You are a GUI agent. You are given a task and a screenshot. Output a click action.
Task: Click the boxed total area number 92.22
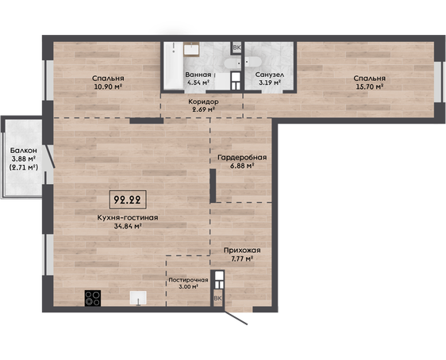[x=128, y=200]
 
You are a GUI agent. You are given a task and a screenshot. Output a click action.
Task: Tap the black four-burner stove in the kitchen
[x=93, y=298]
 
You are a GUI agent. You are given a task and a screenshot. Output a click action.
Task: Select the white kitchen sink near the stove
[x=138, y=298]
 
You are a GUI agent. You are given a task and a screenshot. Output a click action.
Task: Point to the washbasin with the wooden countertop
[x=191, y=49]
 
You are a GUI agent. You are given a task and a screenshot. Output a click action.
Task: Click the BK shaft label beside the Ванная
[x=236, y=48]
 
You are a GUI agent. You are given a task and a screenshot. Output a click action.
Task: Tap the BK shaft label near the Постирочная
[x=217, y=298]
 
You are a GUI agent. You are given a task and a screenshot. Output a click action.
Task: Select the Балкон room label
[x=24, y=151]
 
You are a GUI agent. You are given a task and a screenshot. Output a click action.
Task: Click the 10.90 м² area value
[x=108, y=86]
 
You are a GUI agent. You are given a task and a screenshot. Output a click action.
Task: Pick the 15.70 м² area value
[x=370, y=86]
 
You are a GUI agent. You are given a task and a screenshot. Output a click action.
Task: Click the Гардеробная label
[x=242, y=158]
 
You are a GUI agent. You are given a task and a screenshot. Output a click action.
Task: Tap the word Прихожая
[x=242, y=251]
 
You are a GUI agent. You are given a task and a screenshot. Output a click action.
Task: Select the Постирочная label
[x=188, y=280]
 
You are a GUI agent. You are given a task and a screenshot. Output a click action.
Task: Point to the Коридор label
[x=203, y=101]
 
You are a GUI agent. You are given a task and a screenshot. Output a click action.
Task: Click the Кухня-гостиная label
[x=128, y=217]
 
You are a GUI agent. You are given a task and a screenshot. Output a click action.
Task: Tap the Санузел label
[x=270, y=75]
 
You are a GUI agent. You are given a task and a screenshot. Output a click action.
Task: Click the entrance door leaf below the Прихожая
[x=236, y=318]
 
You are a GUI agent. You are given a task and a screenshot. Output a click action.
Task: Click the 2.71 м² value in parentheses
[x=24, y=167]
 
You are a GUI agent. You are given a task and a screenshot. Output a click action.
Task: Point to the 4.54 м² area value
[x=198, y=83]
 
